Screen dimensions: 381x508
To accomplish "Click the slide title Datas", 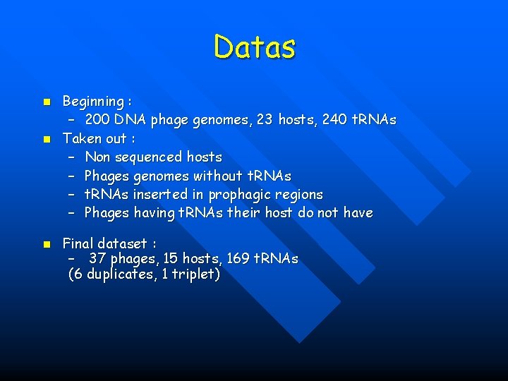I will click(x=255, y=47).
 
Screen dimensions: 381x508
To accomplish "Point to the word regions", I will click(x=301, y=195).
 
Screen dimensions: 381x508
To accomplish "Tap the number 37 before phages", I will click(x=97, y=259).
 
